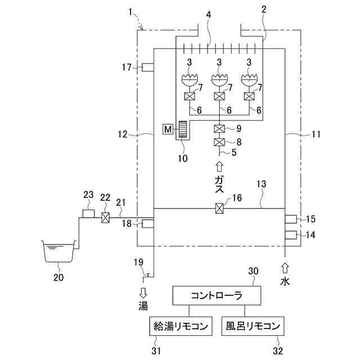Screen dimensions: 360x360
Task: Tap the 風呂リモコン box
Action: [254, 326]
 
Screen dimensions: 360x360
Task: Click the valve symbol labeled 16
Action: [220, 209]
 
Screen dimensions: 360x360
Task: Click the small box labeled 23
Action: [88, 214]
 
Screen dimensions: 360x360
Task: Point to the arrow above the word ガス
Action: [219, 166]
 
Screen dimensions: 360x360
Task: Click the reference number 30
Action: [253, 271]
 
